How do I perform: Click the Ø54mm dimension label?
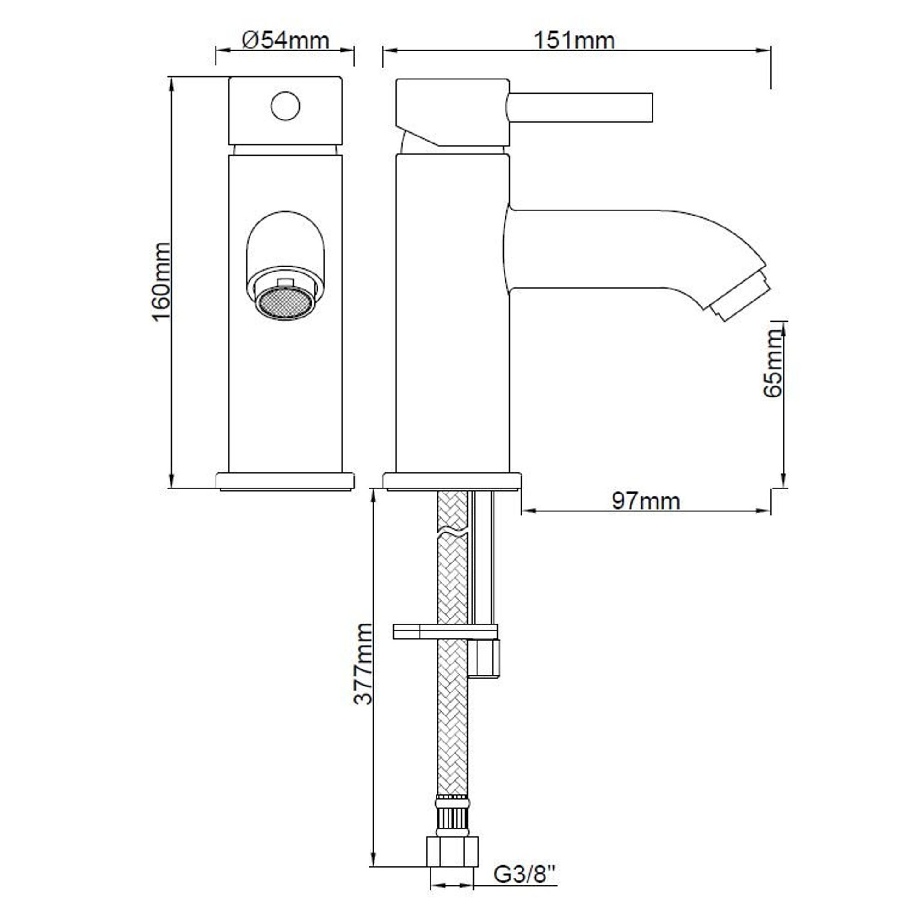[x=285, y=40]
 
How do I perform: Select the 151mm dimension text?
[x=574, y=40]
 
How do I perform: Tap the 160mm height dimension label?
[x=161, y=282]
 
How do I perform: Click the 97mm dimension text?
[x=646, y=501]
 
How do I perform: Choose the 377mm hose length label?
[x=363, y=664]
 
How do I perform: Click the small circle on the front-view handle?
[x=285, y=106]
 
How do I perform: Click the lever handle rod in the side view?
[x=580, y=108]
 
